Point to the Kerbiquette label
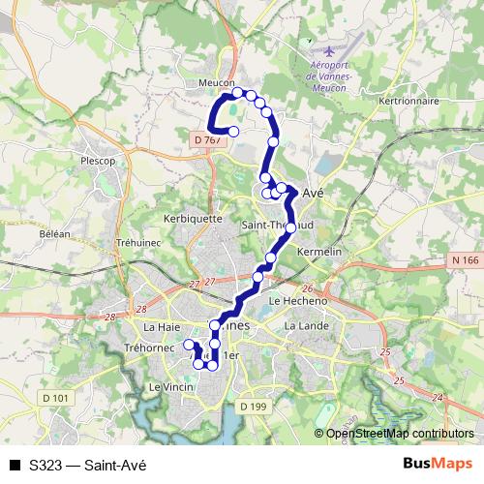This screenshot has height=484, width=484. (x=194, y=218)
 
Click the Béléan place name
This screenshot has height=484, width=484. (x=54, y=234)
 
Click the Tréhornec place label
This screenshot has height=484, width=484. (x=148, y=347)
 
